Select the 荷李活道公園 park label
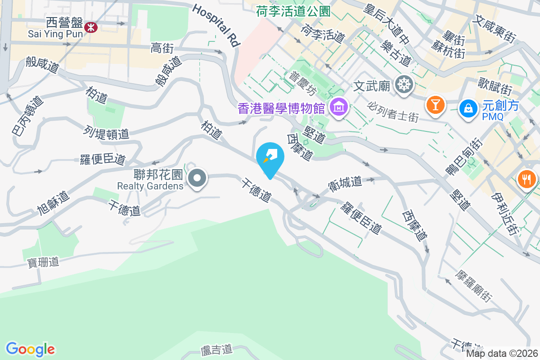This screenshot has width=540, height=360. tap(293, 11)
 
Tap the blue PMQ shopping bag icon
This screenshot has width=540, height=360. tap(468, 108)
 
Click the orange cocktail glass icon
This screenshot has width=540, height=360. tap(435, 105)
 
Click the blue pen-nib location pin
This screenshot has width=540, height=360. tap(270, 157)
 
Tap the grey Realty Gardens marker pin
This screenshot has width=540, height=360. tap(197, 178)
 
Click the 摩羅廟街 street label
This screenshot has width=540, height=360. tap(474, 286)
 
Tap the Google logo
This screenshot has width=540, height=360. tap(30, 349)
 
